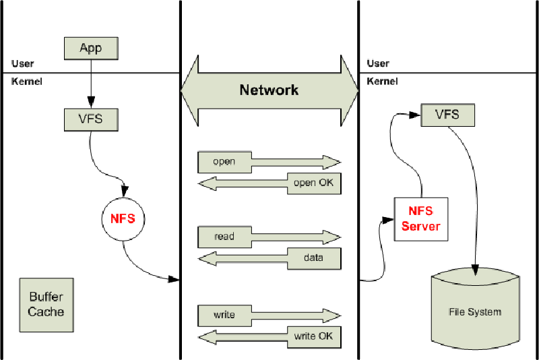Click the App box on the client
(x=90, y=48)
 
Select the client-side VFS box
(x=90, y=119)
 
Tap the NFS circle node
(x=124, y=218)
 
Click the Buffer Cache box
(x=46, y=304)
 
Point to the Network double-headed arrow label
(x=269, y=90)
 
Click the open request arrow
(x=269, y=162)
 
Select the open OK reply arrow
(x=269, y=183)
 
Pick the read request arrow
(x=269, y=237)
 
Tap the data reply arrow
(x=269, y=258)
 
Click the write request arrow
(x=269, y=315)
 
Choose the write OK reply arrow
(x=269, y=335)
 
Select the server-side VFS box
(x=447, y=115)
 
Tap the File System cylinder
(x=475, y=310)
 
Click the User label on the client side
(x=22, y=64)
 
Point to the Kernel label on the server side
(x=382, y=82)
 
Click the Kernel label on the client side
(x=27, y=82)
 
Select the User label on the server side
(x=378, y=64)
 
